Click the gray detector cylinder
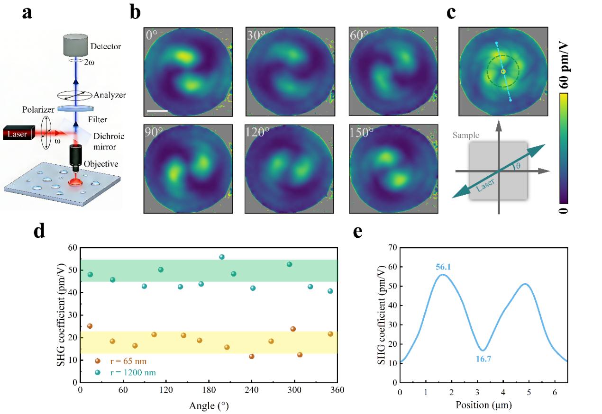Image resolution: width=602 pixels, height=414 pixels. [75, 45]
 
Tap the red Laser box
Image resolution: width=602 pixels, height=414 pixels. [19, 133]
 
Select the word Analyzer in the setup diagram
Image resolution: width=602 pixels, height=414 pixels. [109, 95]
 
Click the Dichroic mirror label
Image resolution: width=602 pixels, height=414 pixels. [109, 142]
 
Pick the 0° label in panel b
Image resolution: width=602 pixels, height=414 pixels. [151, 35]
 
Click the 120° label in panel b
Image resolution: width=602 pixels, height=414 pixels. [257, 132]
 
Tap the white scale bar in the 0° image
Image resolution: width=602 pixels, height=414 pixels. [157, 111]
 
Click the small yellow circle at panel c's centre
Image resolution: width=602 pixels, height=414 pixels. [503, 72]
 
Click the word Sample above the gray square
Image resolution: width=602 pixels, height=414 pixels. [466, 135]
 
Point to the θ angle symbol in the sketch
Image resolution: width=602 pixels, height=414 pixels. [518, 166]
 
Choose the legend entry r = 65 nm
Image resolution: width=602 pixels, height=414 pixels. [121, 361]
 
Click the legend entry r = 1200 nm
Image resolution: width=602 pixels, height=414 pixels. [125, 373]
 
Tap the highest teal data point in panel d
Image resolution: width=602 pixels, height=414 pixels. [222, 257]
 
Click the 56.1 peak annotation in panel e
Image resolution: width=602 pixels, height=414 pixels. [443, 267]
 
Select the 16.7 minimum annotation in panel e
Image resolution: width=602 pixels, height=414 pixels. [483, 359]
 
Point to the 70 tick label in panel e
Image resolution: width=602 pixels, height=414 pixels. [393, 247]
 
